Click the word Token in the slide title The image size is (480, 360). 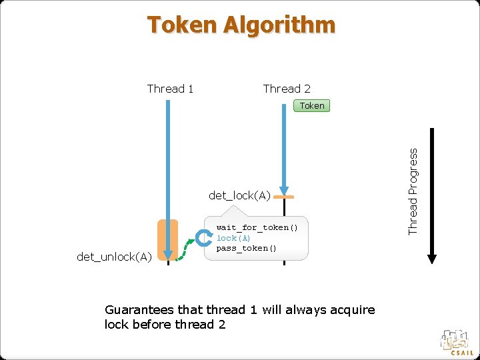point(182,25)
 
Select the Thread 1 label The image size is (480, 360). point(170,89)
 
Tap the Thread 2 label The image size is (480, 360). point(287,89)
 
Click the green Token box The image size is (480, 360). point(311,105)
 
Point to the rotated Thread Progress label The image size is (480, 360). point(413,191)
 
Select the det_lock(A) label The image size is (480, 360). point(239,195)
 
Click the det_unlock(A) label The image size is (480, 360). point(115,257)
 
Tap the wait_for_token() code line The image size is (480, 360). point(257,228)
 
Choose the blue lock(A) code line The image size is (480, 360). point(233,238)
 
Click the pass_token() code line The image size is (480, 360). point(246,248)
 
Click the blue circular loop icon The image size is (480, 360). point(203,239)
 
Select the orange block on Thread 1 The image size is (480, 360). point(168,238)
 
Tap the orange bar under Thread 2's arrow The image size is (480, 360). point(284,198)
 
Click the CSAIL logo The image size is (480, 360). point(457,341)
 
